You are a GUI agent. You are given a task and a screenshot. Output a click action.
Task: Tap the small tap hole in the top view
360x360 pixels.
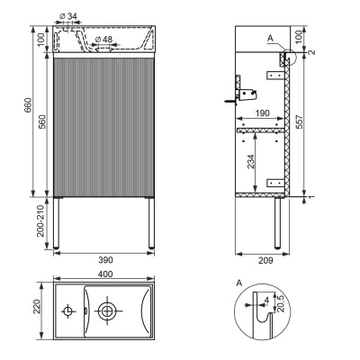coord(68,311)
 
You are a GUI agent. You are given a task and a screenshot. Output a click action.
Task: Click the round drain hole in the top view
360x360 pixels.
coord(108,311)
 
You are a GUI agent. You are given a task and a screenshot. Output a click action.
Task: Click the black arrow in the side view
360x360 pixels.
coord(223,102)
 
